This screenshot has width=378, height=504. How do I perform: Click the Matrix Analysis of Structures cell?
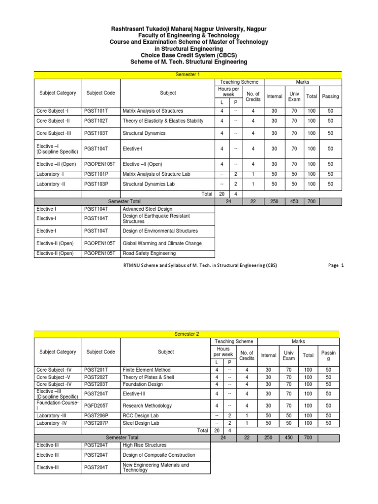click(x=153, y=111)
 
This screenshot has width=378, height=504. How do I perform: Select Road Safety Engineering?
click(x=149, y=253)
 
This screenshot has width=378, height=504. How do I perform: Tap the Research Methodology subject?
click(x=147, y=406)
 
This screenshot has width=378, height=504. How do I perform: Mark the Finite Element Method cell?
click(x=147, y=370)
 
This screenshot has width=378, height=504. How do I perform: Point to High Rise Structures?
click(x=145, y=444)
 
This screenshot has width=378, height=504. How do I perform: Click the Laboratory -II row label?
click(x=51, y=184)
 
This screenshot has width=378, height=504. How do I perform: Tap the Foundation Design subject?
click(x=142, y=384)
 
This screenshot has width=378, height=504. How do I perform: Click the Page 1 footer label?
click(x=336, y=265)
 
